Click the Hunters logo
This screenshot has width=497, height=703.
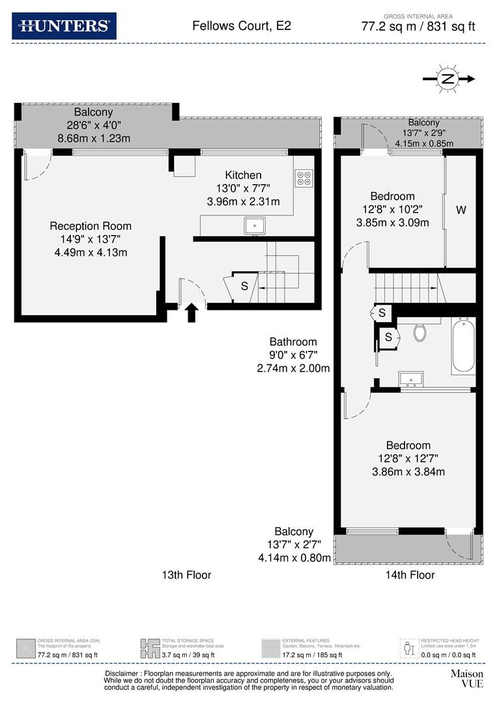point(64,26)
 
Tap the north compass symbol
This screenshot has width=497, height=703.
point(448,79)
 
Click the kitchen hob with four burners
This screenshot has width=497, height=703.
point(304,178)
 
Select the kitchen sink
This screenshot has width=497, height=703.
point(253,226)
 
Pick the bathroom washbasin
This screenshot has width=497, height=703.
point(412,379)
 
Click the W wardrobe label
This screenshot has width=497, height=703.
point(461,210)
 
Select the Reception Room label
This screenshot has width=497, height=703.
point(91,226)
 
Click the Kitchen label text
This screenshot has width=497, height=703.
point(243,175)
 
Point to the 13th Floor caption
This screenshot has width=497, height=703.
point(186,575)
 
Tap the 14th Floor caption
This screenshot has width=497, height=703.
point(410,575)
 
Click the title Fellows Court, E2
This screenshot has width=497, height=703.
point(241,26)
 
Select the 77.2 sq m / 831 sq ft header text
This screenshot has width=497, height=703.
point(418,27)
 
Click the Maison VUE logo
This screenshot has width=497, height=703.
point(467,678)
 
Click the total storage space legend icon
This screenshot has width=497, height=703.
point(150,648)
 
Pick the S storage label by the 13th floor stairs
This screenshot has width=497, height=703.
point(244,286)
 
